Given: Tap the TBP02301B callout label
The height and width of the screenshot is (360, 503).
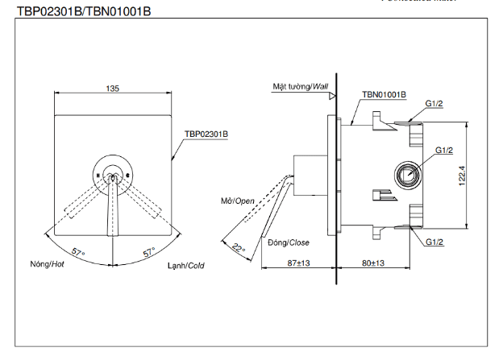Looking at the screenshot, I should point(206,134).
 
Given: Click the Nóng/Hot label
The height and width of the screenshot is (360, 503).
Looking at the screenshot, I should point(47,264).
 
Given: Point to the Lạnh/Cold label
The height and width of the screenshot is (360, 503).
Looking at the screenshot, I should point(186,265).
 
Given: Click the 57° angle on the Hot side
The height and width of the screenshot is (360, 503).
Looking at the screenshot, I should point(78,252).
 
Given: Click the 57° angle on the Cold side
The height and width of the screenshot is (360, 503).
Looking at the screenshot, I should point(148,252).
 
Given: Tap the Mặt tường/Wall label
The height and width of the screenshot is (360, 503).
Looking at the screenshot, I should point(300,85).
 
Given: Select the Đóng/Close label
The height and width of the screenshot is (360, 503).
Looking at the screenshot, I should point(289,242).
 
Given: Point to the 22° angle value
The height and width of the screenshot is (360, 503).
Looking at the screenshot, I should point(239,248).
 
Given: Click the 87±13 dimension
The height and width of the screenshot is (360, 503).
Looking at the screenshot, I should point(298,263).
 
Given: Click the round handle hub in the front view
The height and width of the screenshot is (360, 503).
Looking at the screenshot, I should point(114,173).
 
